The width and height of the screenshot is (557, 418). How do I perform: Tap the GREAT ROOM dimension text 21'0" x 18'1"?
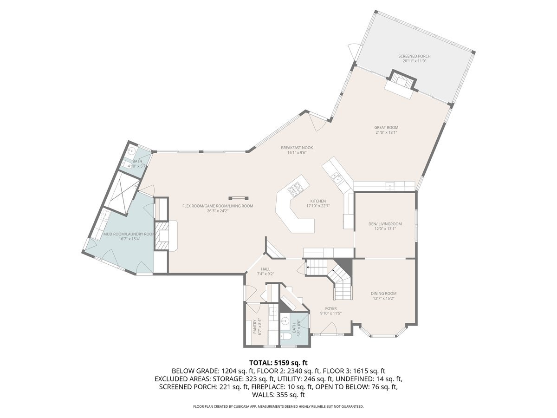[386, 132]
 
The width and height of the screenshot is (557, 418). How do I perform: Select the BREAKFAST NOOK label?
[297, 148]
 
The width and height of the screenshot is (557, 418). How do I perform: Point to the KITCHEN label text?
[318, 201]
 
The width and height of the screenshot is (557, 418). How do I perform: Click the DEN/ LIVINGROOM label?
[385, 224]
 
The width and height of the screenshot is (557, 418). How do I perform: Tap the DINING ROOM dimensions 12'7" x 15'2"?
[383, 299]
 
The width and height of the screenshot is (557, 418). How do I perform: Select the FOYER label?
[330, 308]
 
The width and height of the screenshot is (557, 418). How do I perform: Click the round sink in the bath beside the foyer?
[285, 320]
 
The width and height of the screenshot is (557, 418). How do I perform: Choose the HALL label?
[265, 269]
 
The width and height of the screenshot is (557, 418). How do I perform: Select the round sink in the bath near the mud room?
[132, 150]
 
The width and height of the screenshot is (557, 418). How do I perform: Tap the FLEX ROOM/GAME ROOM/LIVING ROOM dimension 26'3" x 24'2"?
[217, 211]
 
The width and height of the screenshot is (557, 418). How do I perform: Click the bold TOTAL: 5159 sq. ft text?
[278, 362]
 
